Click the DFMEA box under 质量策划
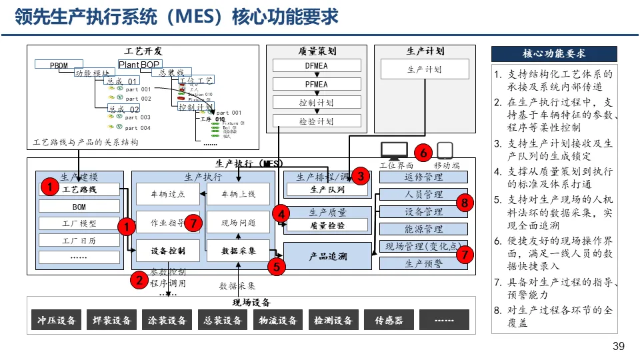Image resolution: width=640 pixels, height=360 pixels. click(317, 65)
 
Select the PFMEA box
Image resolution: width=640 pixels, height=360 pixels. click(317, 84)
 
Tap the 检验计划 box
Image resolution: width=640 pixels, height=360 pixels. click(317, 121)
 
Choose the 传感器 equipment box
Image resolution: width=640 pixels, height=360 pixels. click(389, 320)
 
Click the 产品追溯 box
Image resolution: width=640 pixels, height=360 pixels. click(327, 256)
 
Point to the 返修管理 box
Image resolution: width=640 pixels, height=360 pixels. click(423, 177)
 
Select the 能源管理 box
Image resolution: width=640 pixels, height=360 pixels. click(423, 229)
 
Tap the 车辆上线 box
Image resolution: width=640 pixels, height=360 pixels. click(238, 194)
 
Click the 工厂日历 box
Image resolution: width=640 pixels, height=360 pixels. click(79, 241)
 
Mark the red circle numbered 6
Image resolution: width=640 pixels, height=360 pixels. click(423, 151)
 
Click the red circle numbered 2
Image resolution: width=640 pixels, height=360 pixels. click(139, 280)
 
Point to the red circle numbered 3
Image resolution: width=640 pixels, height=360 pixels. click(360, 176)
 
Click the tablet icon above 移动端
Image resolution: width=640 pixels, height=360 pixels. click(445, 151)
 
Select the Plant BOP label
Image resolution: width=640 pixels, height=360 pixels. click(139, 65)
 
